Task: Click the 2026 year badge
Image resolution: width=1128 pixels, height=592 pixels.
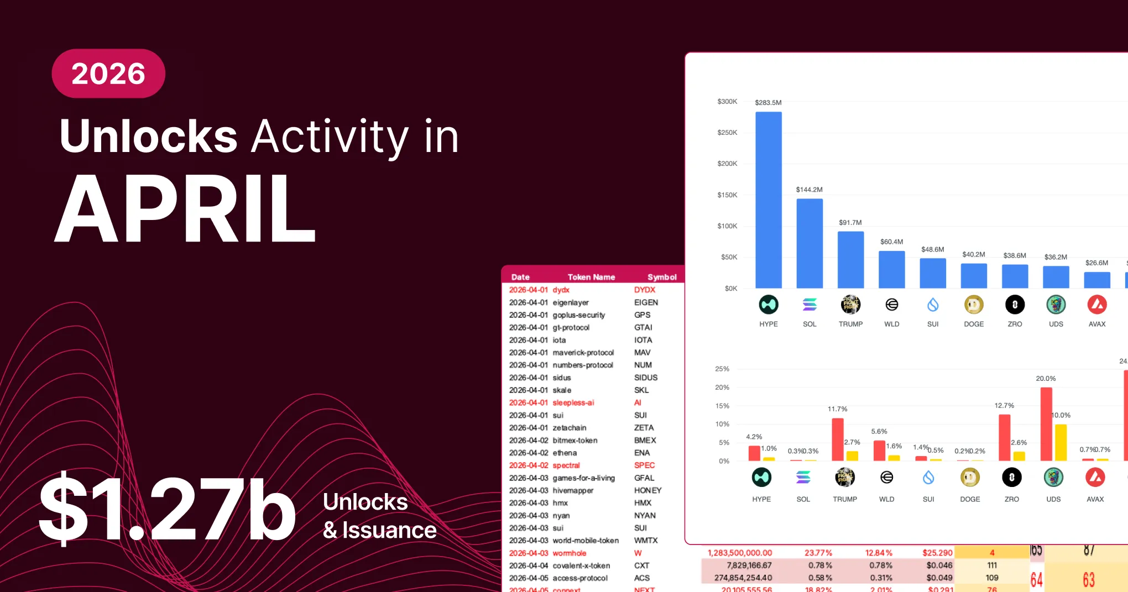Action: tap(108, 74)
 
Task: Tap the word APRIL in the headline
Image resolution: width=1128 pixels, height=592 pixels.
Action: tap(185, 208)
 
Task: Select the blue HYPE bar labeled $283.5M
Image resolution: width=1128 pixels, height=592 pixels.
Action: tap(769, 200)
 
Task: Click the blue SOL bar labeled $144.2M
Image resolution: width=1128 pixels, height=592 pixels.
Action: tap(810, 243)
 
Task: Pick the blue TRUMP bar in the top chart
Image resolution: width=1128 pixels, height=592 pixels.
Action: tap(850, 259)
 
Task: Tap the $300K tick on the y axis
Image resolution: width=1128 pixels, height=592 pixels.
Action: tap(727, 102)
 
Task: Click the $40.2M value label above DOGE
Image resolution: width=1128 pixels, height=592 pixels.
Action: tap(974, 254)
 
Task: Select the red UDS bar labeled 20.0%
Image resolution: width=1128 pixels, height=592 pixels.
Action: tap(1046, 423)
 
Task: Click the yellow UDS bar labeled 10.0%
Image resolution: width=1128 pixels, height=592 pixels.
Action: tap(1061, 442)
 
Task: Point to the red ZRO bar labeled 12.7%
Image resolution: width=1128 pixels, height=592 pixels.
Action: tap(1005, 437)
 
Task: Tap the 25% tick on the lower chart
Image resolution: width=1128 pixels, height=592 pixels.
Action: tap(722, 369)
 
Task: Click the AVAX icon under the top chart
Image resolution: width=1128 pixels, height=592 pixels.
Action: tap(1097, 305)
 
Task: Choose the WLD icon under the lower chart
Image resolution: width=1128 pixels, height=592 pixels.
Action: tap(886, 477)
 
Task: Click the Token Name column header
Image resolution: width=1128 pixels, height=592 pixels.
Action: tap(591, 277)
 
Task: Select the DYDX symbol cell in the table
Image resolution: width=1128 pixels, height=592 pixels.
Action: tap(645, 290)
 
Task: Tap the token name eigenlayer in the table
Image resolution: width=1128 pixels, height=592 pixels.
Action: tap(571, 302)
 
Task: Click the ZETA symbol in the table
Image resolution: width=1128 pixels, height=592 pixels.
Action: tap(644, 428)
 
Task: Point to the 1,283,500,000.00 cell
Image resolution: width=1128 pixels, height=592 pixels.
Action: tap(740, 553)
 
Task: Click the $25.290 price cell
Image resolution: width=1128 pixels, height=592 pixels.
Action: tap(937, 553)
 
